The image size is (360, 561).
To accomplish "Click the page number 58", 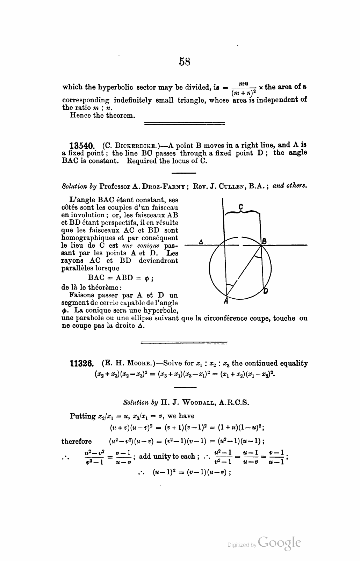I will point(185,62).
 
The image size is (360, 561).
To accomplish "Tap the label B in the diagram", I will point(265,241).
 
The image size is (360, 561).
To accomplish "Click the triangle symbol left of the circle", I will point(201,242).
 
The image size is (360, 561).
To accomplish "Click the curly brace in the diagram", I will point(242,212).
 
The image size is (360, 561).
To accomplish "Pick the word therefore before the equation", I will point(77,441).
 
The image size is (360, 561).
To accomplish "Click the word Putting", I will point(83,416).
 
